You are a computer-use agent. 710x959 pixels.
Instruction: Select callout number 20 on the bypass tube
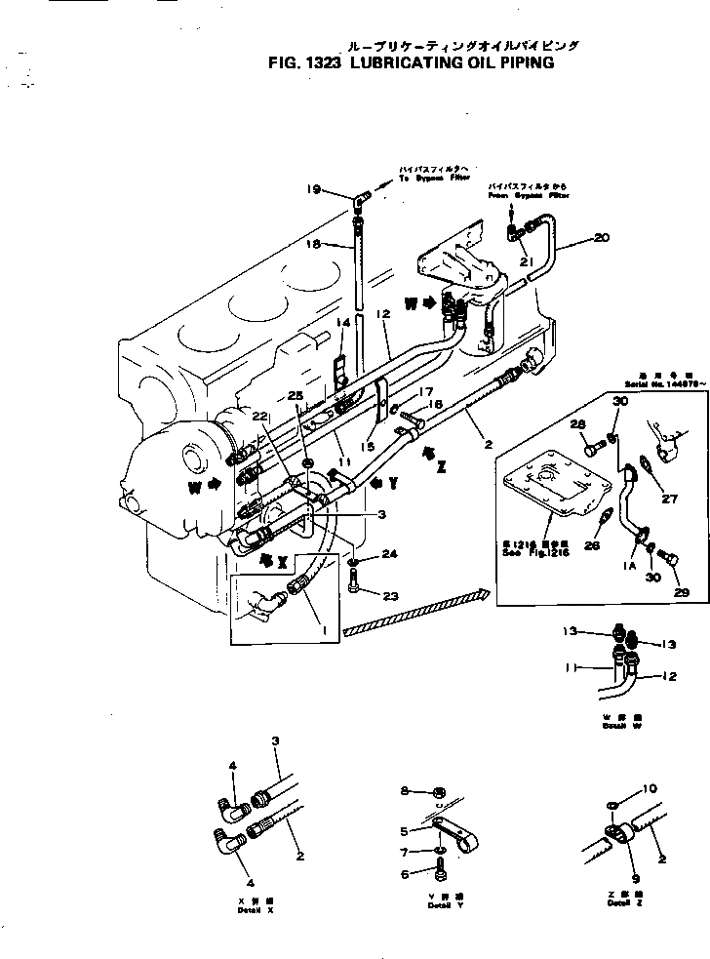[x=601, y=237]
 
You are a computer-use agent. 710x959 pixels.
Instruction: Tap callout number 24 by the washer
[x=390, y=553]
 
